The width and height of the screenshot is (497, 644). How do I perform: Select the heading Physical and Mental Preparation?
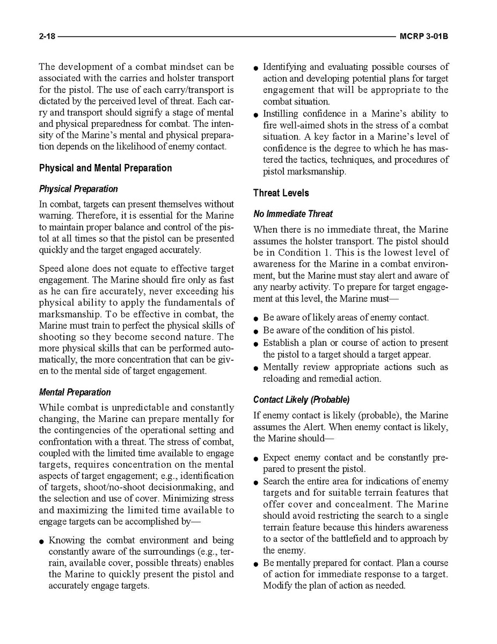[x=105, y=168]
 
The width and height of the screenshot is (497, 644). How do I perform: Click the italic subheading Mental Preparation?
[x=75, y=392]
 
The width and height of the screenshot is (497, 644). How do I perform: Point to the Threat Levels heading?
[x=281, y=192]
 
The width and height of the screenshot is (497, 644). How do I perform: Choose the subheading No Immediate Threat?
[x=293, y=214]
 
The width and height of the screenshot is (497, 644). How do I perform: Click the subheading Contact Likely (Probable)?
[x=301, y=400]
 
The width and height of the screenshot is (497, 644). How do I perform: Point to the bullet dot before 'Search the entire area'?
[x=256, y=483]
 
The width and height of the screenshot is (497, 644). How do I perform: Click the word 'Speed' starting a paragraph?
[x=53, y=268]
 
